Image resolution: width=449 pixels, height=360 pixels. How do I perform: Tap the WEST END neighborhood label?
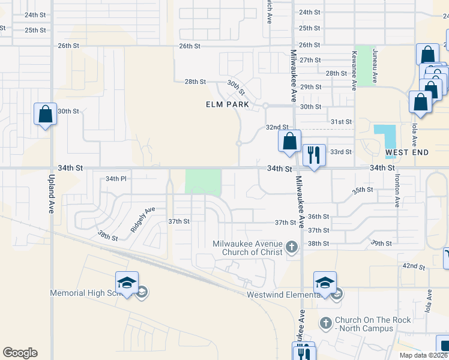click(407, 152)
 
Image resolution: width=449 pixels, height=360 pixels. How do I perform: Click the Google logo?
click(20, 353)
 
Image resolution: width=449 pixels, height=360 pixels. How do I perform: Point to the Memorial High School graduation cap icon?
click(127, 283)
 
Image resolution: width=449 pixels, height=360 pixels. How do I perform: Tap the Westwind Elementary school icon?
click(325, 283)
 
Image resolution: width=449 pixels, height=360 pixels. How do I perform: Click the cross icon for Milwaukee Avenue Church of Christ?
click(291, 247)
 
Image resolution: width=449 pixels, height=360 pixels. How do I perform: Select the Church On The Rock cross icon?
click(326, 324)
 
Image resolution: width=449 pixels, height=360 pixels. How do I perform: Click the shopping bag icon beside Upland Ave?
click(45, 113)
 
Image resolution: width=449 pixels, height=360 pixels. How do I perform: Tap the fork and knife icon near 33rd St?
click(314, 155)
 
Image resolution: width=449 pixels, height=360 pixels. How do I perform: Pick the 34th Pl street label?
click(116, 179)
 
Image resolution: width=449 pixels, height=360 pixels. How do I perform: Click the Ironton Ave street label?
click(397, 191)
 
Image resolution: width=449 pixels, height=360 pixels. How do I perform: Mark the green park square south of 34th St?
click(203, 182)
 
